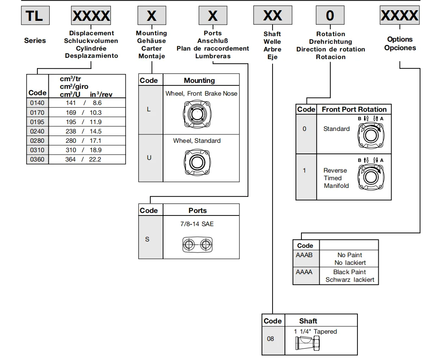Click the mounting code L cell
pyautogui.click(x=149, y=110)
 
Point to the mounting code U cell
pyautogui.click(x=149, y=158)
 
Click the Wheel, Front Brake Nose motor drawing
pyautogui.click(x=196, y=113)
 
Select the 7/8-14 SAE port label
pyautogui.click(x=197, y=224)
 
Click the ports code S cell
pyautogui.click(x=147, y=239)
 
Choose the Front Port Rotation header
pyautogui.click(x=354, y=109)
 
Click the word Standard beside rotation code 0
pyautogui.click(x=336, y=129)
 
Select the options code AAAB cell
pyautogui.click(x=305, y=255)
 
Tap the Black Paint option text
pyautogui.click(x=349, y=272)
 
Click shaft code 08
pyautogui.click(x=271, y=339)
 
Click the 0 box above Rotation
pyautogui.click(x=329, y=16)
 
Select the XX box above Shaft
pyautogui.click(x=272, y=16)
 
